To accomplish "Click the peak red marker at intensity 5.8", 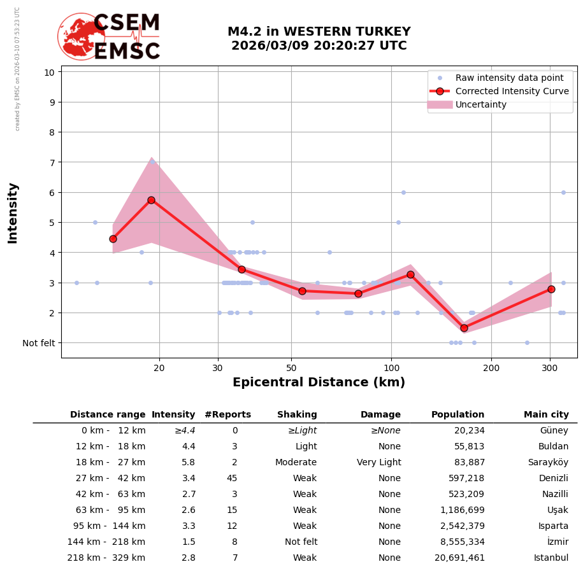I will [x=151, y=200].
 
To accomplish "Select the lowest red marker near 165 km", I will [x=464, y=328].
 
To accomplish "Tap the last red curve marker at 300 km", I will [x=551, y=289].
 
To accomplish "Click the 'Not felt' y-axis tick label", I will [x=39, y=343].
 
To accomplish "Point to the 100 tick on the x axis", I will [x=391, y=367].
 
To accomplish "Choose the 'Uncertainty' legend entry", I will [x=480, y=104].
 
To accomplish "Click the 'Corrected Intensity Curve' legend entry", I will [x=512, y=91].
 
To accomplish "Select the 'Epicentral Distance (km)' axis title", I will [x=319, y=383].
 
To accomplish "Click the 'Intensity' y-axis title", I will [x=13, y=213].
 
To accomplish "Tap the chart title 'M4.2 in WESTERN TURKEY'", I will [x=319, y=32].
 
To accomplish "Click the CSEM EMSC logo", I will [x=110, y=37].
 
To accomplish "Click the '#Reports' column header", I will [x=227, y=415].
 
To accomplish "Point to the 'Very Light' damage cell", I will [x=378, y=463].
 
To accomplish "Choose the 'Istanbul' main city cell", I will [x=551, y=558].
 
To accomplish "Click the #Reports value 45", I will [x=232, y=479].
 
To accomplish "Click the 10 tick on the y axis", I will [x=49, y=72].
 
